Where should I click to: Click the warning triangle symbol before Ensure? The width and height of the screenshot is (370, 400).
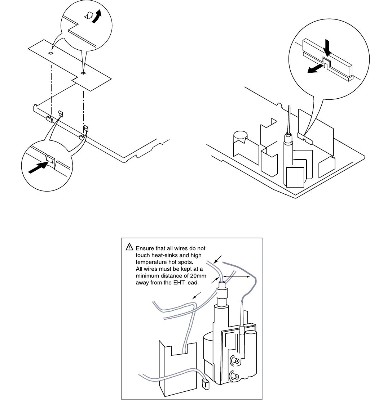pyautogui.click(x=129, y=247)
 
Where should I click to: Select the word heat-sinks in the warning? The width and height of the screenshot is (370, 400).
pyautogui.click(x=156, y=255)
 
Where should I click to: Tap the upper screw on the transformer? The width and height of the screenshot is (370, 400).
pyautogui.click(x=236, y=360)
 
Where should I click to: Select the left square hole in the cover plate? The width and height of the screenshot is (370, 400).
pyautogui.click(x=51, y=53)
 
